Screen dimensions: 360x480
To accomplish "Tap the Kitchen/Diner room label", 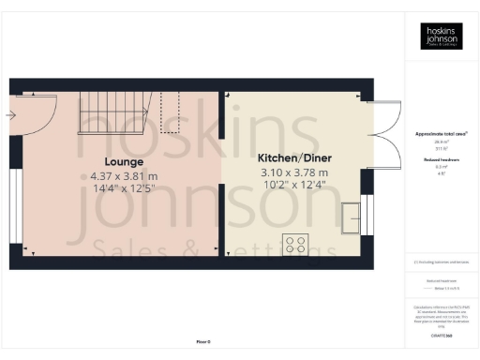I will (x=294, y=158).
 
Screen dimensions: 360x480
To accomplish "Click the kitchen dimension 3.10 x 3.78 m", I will (x=293, y=172).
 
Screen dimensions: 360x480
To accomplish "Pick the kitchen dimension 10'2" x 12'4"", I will (x=293, y=186).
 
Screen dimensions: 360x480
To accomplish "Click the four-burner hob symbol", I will (x=297, y=245).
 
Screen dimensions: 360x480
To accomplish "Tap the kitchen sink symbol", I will (x=352, y=217).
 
